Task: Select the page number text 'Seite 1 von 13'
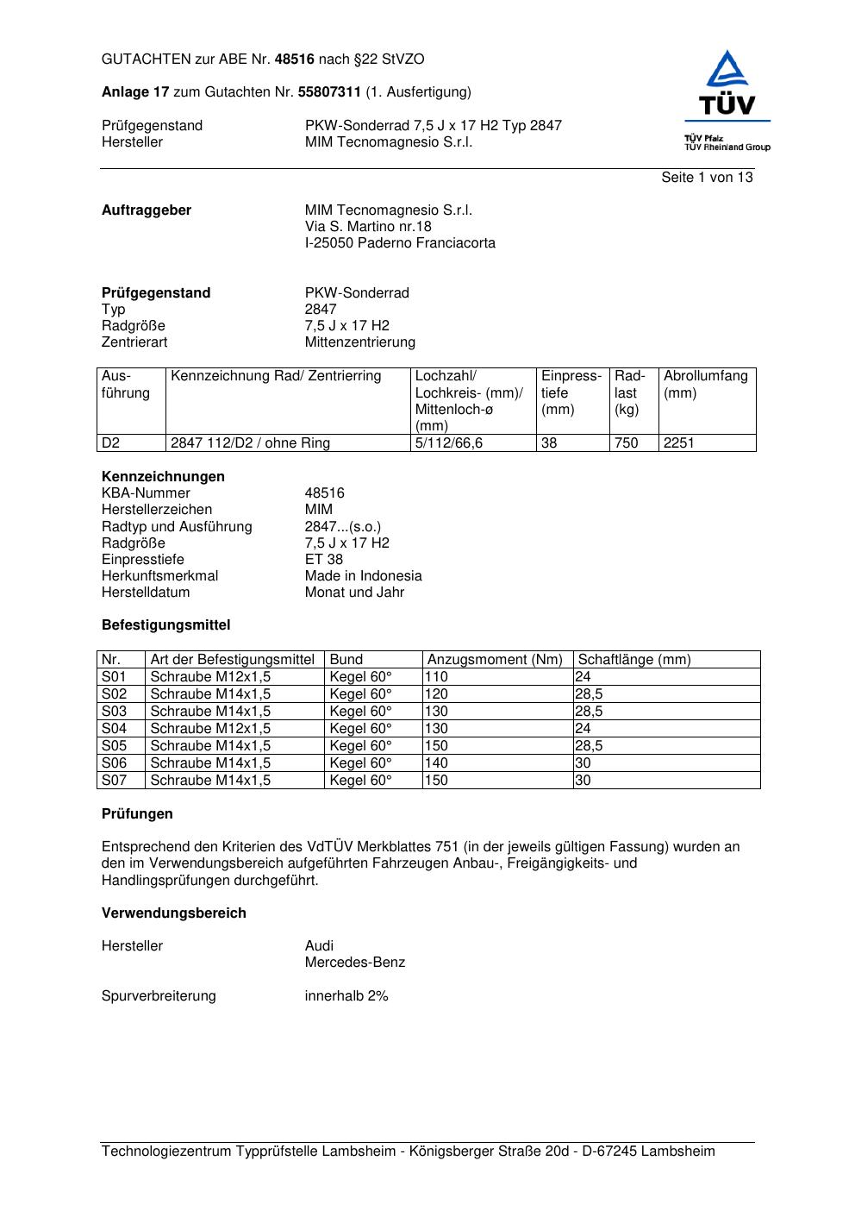click(x=707, y=178)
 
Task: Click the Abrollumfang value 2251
click(x=678, y=443)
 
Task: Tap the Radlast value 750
click(x=626, y=443)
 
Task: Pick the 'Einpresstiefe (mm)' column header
click(x=571, y=392)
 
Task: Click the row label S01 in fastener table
click(x=114, y=677)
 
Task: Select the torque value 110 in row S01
click(x=436, y=677)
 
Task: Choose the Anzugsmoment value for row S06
click(x=436, y=763)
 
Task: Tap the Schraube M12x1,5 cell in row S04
click(x=210, y=729)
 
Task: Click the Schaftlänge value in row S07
click(x=584, y=781)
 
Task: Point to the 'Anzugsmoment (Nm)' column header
click(x=495, y=660)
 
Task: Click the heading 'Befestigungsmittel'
click(x=165, y=625)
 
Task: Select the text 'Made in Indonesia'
click(x=363, y=576)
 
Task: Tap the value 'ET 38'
click(x=323, y=560)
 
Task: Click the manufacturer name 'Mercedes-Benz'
click(x=354, y=963)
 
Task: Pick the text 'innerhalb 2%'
click(x=346, y=996)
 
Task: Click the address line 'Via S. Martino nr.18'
click(x=368, y=227)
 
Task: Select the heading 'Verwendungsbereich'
click(x=173, y=913)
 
